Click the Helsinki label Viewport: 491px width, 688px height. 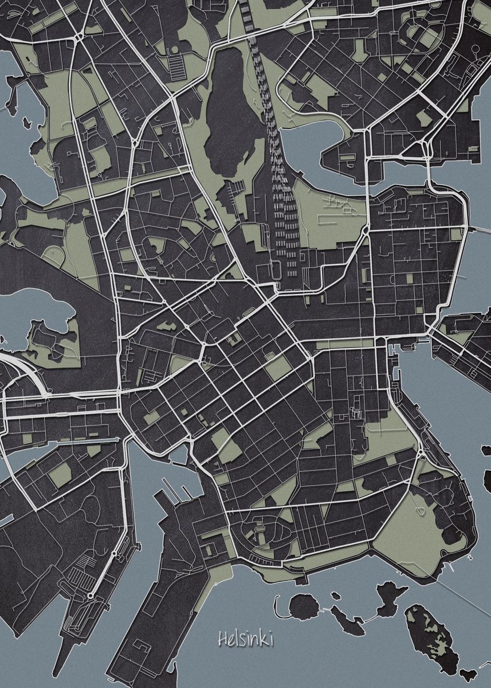pos(245,639)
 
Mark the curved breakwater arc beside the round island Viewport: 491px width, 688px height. pos(277,604)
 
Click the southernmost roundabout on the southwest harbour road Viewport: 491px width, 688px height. pos(90,596)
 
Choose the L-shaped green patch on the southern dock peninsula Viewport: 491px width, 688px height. pos(198,596)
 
